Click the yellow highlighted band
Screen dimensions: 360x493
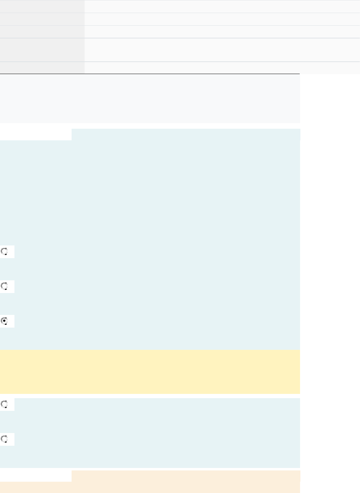150,372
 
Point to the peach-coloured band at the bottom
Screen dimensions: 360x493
186,476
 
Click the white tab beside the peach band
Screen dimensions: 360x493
36,476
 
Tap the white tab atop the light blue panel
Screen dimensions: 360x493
36,134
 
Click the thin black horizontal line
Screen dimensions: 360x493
150,74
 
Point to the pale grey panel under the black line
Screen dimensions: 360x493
150,99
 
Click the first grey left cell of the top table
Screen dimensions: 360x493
42,6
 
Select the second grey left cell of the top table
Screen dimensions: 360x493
42,19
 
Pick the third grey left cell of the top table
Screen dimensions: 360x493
42,32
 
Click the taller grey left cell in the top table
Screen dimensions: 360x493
42,50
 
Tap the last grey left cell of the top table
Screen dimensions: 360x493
42,68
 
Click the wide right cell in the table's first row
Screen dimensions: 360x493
222,6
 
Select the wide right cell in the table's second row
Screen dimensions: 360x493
222,19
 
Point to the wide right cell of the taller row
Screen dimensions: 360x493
222,50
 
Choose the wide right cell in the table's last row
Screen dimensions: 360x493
222,68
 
